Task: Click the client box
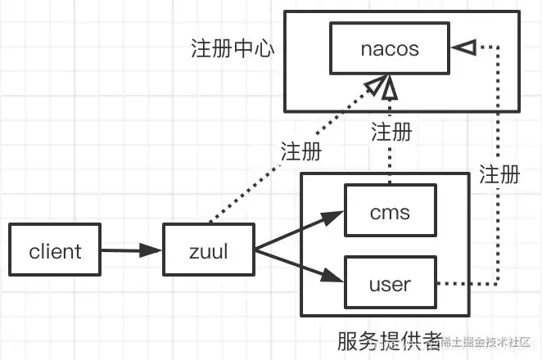point(56,250)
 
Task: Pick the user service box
point(390,283)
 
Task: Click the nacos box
point(390,48)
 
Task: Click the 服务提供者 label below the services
point(388,340)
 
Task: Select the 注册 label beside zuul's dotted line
point(300,153)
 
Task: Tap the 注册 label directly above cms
point(391,131)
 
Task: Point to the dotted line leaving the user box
point(467,284)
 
